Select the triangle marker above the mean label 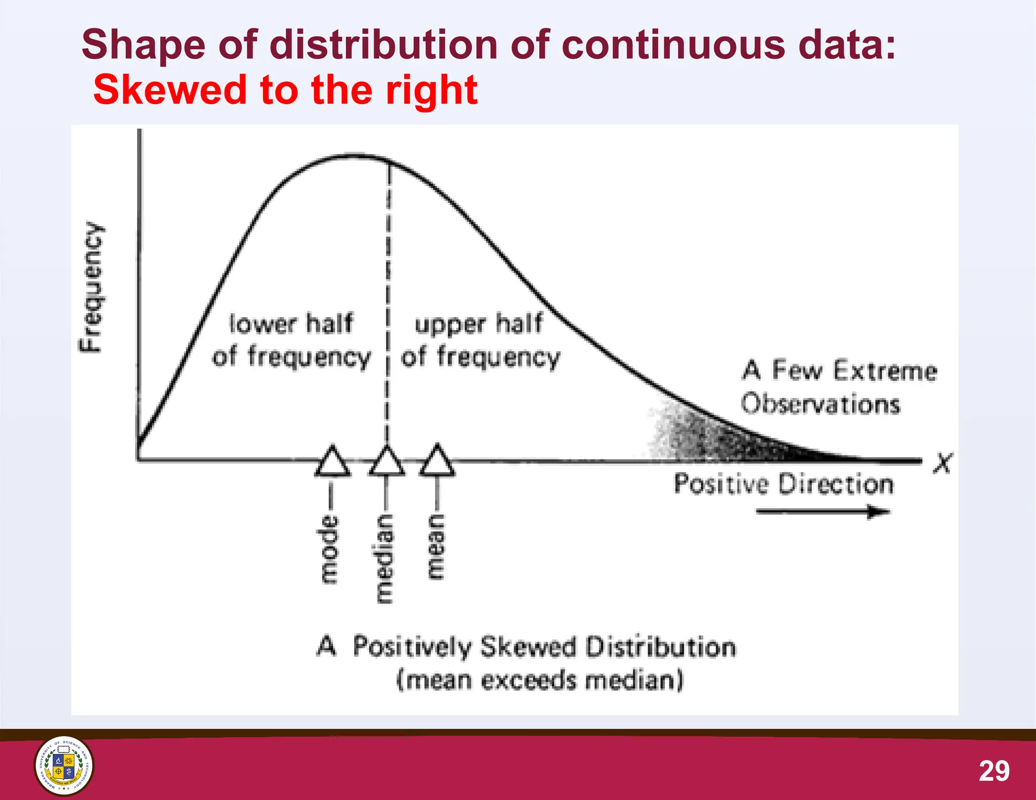(x=437, y=461)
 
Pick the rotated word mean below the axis (x=436, y=547)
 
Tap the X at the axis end (x=942, y=463)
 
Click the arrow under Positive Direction (x=823, y=512)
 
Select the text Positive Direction (x=784, y=484)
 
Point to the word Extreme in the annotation (x=885, y=370)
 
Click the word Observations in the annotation (x=821, y=404)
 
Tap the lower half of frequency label (x=291, y=340)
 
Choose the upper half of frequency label (x=480, y=340)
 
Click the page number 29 (x=994, y=771)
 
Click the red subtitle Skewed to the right (x=285, y=90)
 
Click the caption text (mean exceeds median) (x=540, y=680)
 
